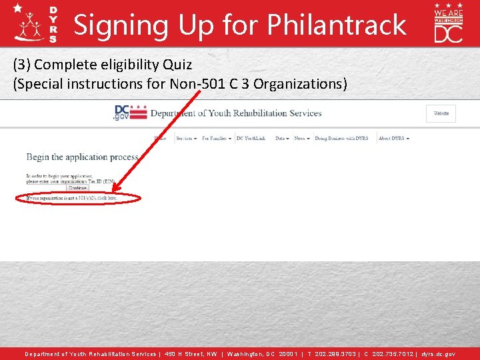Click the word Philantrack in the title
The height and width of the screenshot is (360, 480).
336,25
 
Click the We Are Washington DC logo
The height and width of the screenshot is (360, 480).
448,23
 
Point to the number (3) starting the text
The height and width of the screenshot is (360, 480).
21,65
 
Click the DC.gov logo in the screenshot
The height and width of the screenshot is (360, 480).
129,113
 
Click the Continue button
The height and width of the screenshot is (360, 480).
77,188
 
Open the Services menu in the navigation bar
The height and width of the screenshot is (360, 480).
186,139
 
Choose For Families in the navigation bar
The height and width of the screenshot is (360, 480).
216,139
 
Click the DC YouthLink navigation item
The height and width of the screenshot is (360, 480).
254,139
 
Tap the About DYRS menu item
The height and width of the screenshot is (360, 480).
393,139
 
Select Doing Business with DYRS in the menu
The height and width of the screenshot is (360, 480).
341,139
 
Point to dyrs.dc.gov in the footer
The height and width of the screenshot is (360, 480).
439,354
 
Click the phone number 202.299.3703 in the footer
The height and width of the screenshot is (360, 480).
335,354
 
